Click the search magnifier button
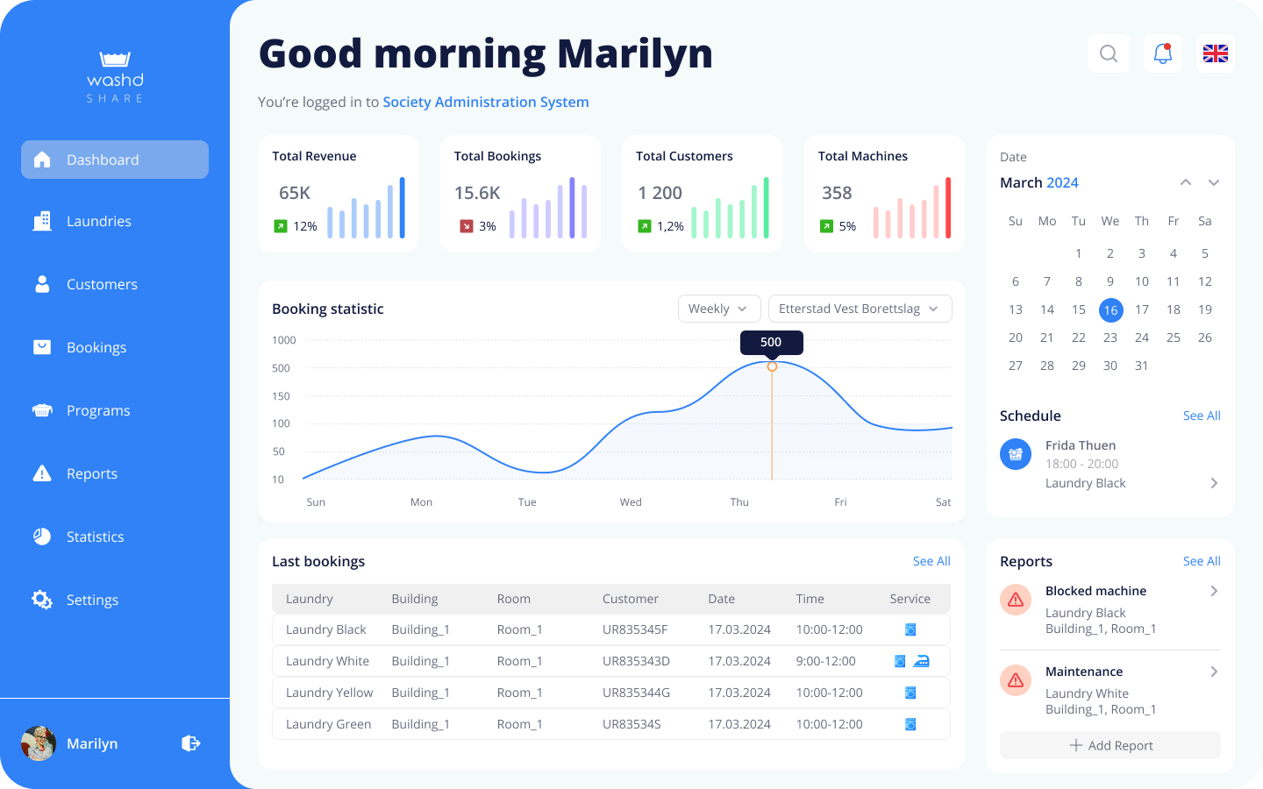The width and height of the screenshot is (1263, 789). tap(1109, 53)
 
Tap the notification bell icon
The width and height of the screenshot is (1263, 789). tap(1163, 53)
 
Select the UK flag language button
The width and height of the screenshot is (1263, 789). tap(1215, 53)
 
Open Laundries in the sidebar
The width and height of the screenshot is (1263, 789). tap(98, 221)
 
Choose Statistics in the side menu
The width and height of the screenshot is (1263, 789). tap(95, 537)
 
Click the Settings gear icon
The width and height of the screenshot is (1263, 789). tap(41, 600)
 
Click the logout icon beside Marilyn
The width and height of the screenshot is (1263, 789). tap(190, 743)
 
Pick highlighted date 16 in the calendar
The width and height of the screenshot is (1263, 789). tap(1110, 309)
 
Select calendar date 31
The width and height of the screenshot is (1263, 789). tap(1141, 366)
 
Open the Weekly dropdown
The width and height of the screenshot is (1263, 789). tap(718, 309)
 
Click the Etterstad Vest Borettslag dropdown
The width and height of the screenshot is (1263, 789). tap(860, 309)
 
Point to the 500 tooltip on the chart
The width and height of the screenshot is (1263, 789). tap(771, 342)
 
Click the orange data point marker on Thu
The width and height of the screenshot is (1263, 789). tap(772, 366)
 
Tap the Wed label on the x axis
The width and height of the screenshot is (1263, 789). tap(631, 502)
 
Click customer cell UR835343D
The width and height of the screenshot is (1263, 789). tap(636, 661)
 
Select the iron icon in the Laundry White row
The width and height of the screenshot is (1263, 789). tap(921, 661)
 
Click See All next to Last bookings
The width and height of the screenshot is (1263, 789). tap(931, 561)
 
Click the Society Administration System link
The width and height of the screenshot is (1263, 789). tap(486, 102)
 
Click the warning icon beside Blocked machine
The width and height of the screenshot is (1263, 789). tap(1016, 600)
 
